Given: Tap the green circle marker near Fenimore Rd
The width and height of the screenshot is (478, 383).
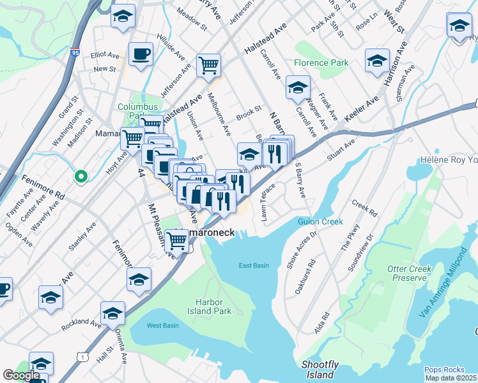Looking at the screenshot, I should click(x=81, y=176).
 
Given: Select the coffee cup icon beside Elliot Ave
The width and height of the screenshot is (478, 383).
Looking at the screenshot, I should click(x=141, y=54).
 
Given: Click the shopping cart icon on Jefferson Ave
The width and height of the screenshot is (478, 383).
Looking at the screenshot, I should click(x=208, y=65).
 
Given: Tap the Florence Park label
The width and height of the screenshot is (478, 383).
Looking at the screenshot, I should click(x=321, y=63).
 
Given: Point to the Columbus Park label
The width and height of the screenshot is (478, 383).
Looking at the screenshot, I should click(x=132, y=111).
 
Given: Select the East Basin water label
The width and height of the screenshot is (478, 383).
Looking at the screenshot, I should click(x=254, y=266).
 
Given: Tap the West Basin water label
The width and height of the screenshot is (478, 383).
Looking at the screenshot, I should click(x=162, y=326).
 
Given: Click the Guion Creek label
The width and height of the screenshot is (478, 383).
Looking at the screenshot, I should click(x=320, y=222).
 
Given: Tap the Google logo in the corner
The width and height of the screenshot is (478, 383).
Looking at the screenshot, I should click(x=21, y=375).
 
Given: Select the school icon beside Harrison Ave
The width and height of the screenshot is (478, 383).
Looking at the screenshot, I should click(x=377, y=61).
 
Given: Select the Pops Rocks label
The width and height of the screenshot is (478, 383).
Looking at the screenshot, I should click(x=442, y=370).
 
